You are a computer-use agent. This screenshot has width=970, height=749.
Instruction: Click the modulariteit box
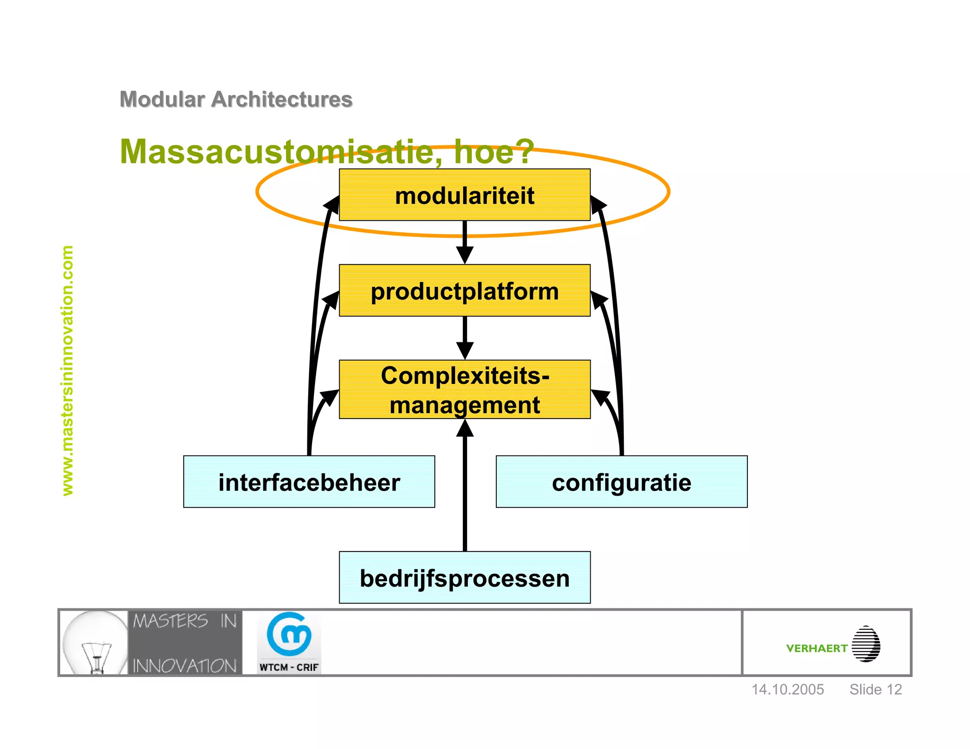464,195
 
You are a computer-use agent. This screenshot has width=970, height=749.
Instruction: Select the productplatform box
464,291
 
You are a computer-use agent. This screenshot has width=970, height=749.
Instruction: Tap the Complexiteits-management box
464,390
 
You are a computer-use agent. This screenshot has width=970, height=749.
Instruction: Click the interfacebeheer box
309,482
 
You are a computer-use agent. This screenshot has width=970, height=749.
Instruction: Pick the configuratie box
621,482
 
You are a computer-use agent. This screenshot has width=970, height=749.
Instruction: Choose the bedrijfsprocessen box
464,578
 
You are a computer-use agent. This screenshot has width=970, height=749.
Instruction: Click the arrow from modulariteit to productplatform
465,241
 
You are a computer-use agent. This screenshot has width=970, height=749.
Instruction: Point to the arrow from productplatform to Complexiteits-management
465,337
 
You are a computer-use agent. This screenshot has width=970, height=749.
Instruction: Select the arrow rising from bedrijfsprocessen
465,488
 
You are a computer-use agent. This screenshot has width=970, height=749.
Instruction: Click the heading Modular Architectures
236,99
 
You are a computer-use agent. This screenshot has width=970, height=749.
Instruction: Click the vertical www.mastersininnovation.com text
68,370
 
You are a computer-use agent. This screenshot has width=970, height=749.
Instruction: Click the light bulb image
94,643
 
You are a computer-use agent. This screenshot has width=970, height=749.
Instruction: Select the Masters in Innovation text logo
185,643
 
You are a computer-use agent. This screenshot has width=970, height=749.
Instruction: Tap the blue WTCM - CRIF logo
289,642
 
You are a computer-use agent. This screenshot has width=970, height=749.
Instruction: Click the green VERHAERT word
817,648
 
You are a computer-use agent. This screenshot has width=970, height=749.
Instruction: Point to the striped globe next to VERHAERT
866,644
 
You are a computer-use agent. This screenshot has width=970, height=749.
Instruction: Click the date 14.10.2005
788,689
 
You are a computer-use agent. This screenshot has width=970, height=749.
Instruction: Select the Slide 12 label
875,689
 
